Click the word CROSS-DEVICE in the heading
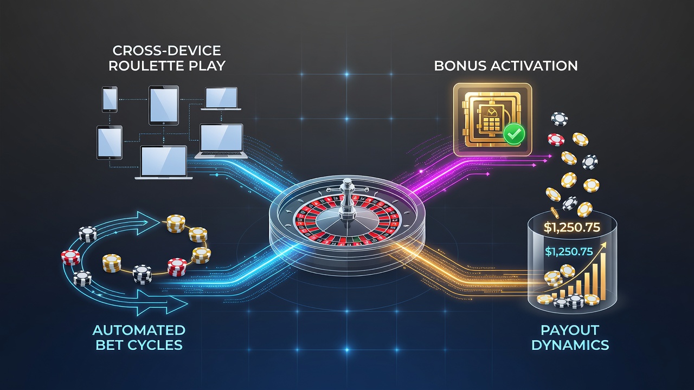click(166, 50)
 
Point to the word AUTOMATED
click(139, 330)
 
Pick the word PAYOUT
click(570, 330)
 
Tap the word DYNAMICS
click(570, 345)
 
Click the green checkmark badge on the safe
click(514, 134)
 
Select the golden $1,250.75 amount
click(571, 228)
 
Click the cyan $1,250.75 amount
click(569, 252)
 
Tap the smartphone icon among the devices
click(110, 99)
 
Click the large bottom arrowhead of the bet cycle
click(173, 304)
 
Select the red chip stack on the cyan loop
click(70, 257)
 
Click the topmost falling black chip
click(559, 119)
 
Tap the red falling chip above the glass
click(556, 140)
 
